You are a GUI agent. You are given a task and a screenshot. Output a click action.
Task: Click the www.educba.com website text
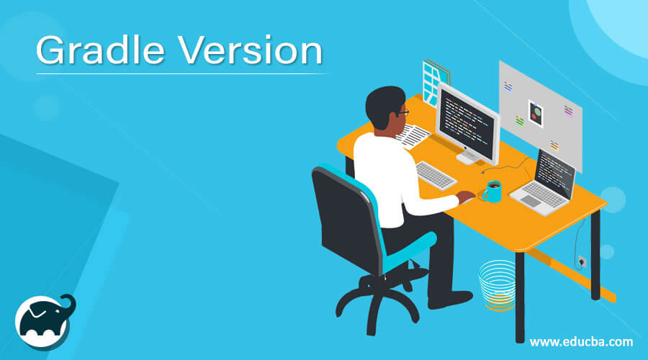582,341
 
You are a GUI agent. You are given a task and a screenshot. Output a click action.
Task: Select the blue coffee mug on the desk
492,192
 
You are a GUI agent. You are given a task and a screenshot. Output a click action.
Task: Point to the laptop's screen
555,174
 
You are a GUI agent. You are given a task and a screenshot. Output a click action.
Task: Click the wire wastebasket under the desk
497,285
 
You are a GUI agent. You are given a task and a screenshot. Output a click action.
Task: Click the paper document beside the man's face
415,135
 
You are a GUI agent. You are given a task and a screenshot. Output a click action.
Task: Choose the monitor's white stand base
467,158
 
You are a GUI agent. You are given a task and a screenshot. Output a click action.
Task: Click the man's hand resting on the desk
467,197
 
